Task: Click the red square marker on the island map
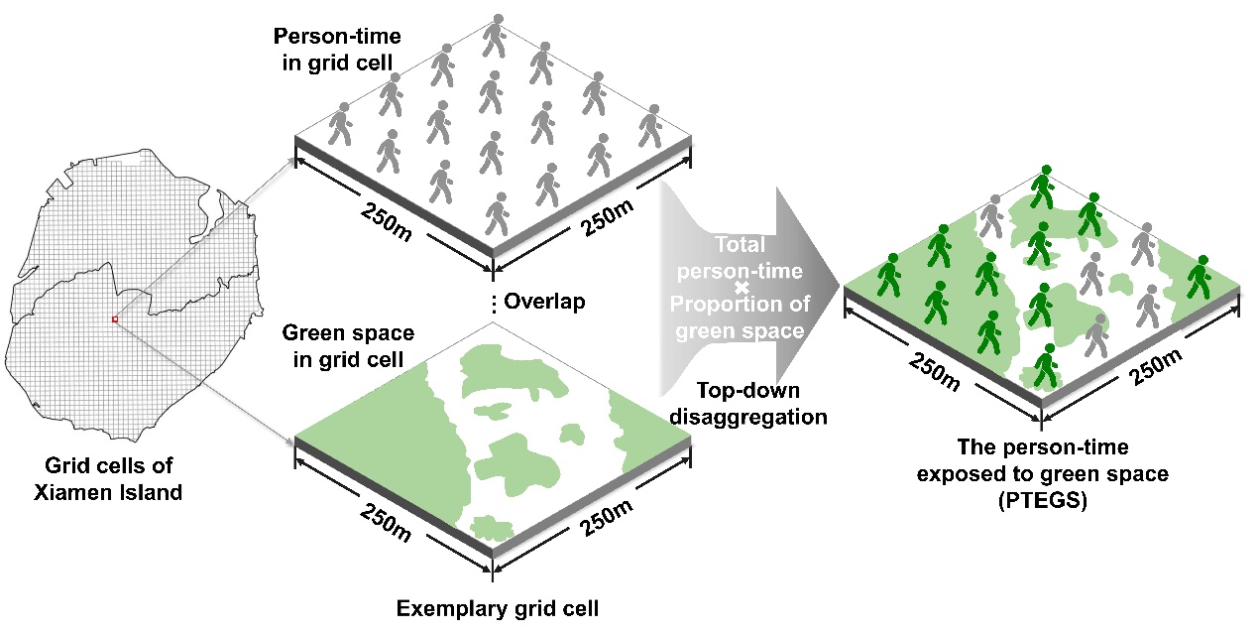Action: coord(115,319)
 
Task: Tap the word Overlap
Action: coord(544,302)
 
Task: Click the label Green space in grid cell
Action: coord(348,345)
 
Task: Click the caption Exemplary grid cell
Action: coord(497,607)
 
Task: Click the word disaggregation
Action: coord(747,416)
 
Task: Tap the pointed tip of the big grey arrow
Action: coord(839,288)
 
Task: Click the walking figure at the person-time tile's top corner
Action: coord(494,36)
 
